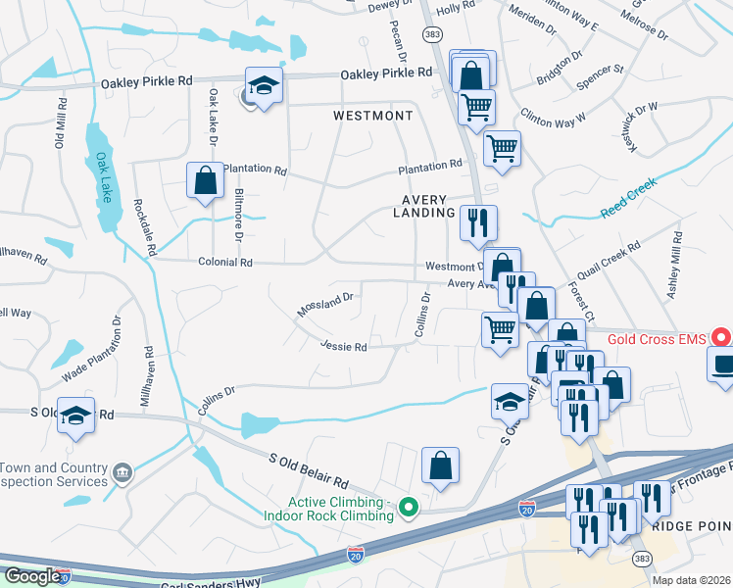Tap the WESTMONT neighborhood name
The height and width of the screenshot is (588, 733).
point(372,116)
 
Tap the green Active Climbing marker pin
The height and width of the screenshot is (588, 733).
point(411,508)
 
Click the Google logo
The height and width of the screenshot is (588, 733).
point(31,576)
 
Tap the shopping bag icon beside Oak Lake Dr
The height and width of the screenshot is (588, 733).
point(205,180)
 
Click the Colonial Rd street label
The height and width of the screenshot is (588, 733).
point(225,263)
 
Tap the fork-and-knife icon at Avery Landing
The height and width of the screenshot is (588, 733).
point(478,222)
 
